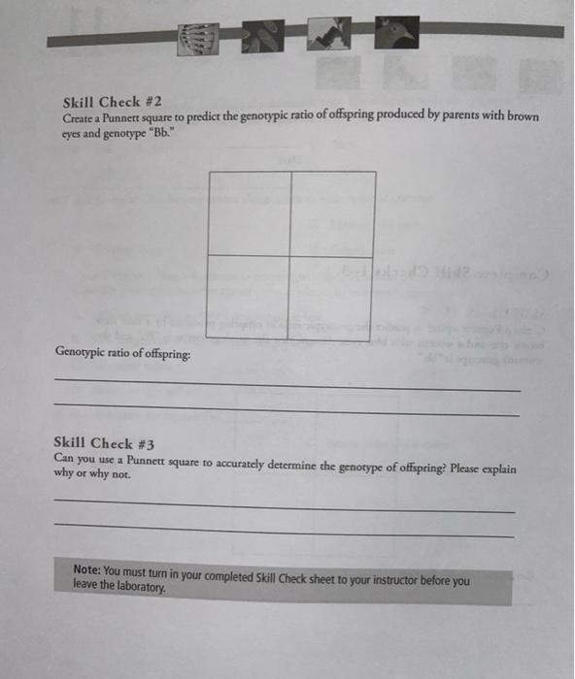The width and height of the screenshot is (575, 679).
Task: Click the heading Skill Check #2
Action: tap(104, 102)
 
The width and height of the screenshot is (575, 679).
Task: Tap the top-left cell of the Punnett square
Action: tap(250, 213)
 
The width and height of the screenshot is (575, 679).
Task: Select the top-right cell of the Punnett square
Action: tap(333, 213)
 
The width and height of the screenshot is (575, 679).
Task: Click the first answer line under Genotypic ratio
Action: tap(287, 388)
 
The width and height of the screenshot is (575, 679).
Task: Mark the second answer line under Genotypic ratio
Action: tap(287, 411)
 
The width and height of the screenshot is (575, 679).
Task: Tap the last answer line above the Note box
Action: tap(285, 533)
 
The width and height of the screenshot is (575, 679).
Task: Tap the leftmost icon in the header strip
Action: tap(197, 40)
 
